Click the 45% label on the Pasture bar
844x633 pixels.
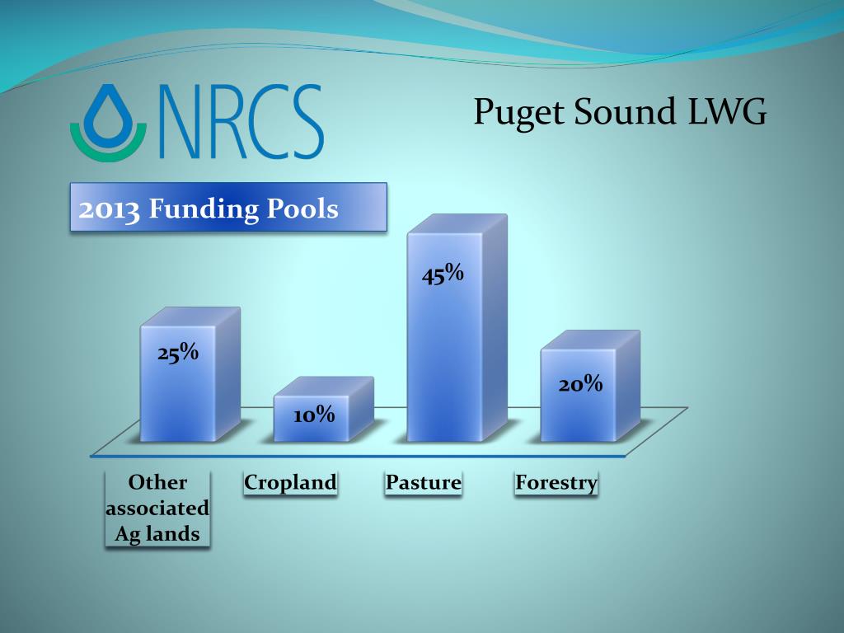[x=443, y=274]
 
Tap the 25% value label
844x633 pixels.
[x=178, y=353]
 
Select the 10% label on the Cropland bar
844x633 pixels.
[x=314, y=415]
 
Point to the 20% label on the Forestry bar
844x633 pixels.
[x=580, y=384]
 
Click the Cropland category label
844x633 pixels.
[x=290, y=482]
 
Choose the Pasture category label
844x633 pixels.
[x=423, y=482]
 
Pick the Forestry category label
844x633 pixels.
[x=556, y=483]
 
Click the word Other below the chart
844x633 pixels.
[x=157, y=482]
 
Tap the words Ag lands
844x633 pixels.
[x=157, y=534]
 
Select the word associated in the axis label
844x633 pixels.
[x=157, y=508]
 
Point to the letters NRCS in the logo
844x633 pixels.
[x=241, y=122]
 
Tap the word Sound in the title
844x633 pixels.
[x=625, y=111]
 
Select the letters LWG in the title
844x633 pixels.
[x=727, y=111]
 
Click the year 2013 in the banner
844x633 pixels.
[x=110, y=209]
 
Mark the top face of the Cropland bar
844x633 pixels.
[x=324, y=386]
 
